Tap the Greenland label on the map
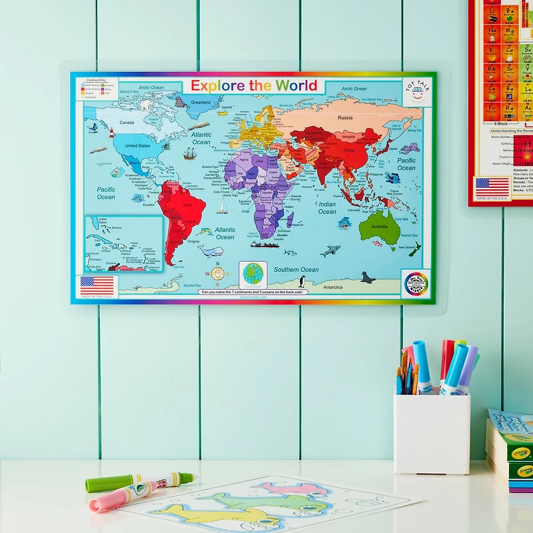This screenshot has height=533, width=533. (201, 102)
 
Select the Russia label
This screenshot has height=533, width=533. (344, 118)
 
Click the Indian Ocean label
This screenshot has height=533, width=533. (327, 208)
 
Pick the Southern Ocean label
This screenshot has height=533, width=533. (296, 270)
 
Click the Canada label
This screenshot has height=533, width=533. (127, 123)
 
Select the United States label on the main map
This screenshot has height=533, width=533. (138, 145)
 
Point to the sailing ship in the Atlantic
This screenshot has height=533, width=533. (191, 153)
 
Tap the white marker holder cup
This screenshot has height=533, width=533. (431, 433)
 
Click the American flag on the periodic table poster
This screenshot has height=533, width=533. (492, 187)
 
